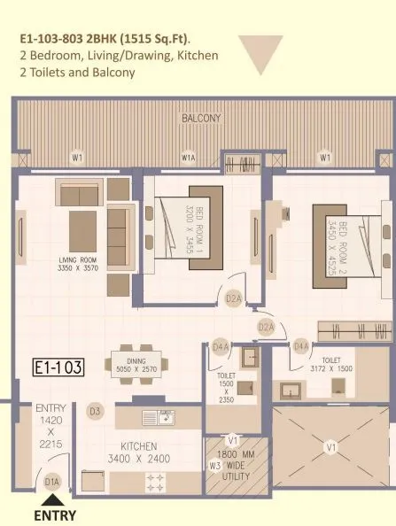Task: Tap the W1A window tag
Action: pyautogui.click(x=188, y=159)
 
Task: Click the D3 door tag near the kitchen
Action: pyautogui.click(x=95, y=411)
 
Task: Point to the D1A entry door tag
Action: pyautogui.click(x=52, y=482)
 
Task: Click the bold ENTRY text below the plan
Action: pyautogui.click(x=54, y=514)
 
